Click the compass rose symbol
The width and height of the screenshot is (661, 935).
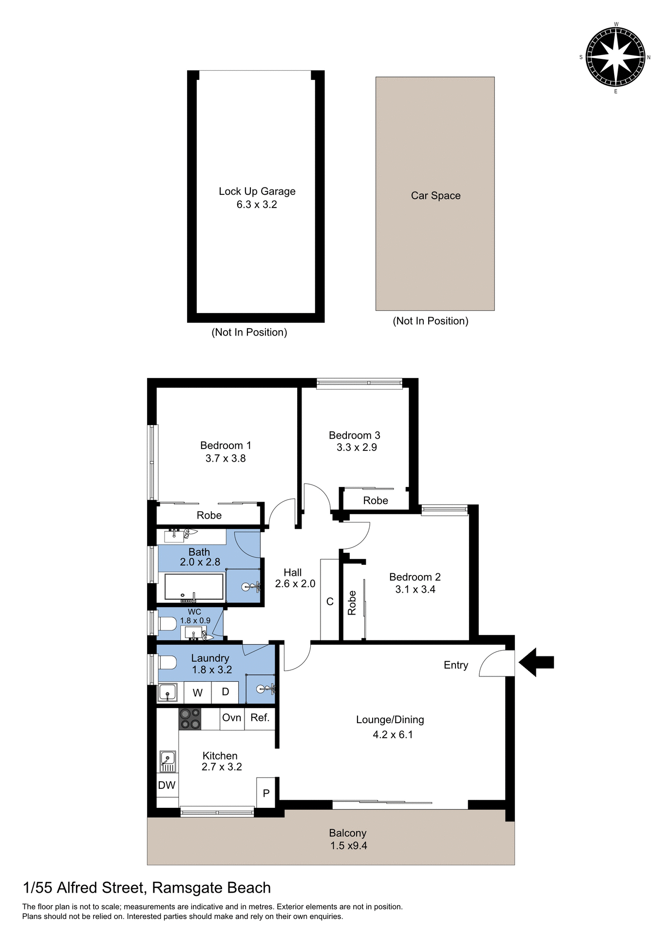616,57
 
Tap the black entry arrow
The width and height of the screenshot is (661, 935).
536,662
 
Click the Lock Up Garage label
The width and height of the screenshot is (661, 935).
257,191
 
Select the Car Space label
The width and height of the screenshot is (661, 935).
435,196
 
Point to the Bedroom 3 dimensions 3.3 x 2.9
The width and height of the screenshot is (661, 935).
357,448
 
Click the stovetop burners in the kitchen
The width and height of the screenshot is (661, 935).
190,719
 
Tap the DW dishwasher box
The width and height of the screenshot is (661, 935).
167,785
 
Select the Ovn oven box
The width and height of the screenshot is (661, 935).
232,718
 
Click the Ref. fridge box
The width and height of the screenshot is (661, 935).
260,718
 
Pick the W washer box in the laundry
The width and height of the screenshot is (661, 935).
198,692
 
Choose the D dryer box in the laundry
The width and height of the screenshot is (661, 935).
226,692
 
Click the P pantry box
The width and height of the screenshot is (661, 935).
266,793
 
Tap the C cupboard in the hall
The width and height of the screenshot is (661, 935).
330,601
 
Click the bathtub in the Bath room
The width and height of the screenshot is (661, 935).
194,587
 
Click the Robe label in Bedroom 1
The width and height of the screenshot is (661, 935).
209,515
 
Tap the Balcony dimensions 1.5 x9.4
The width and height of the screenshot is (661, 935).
348,845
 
